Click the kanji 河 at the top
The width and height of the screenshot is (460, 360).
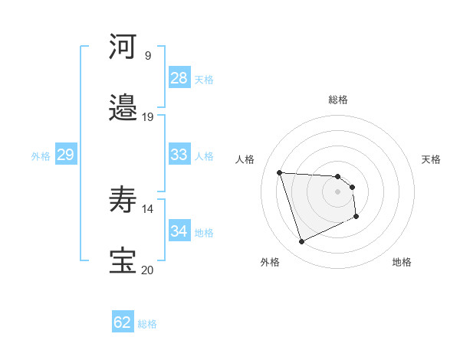pyautogui.click(x=123, y=47)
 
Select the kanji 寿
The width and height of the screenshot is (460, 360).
pyautogui.click(x=123, y=201)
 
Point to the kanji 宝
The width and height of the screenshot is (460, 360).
pyautogui.click(x=123, y=261)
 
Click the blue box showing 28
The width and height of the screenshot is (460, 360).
pyautogui.click(x=179, y=78)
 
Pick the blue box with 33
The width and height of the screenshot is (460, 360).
pyautogui.click(x=179, y=155)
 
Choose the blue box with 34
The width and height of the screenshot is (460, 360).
pyautogui.click(x=179, y=231)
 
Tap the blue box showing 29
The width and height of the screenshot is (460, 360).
pyautogui.click(x=65, y=155)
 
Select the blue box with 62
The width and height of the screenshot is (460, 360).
pyautogui.click(x=123, y=322)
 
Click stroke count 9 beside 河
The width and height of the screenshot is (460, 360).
pyautogui.click(x=147, y=56)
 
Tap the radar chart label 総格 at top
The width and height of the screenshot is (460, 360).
pyautogui.click(x=338, y=100)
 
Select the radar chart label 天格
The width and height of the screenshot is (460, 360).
pyautogui.click(x=431, y=159)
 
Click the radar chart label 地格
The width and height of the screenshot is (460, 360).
pyautogui.click(x=402, y=262)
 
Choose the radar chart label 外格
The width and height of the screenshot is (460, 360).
pyautogui.click(x=270, y=262)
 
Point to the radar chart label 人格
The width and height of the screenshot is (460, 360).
pyautogui.click(x=245, y=159)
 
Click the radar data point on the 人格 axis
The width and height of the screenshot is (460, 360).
pyautogui.click(x=280, y=172)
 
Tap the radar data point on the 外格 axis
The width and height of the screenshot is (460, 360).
pyautogui.click(x=301, y=242)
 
